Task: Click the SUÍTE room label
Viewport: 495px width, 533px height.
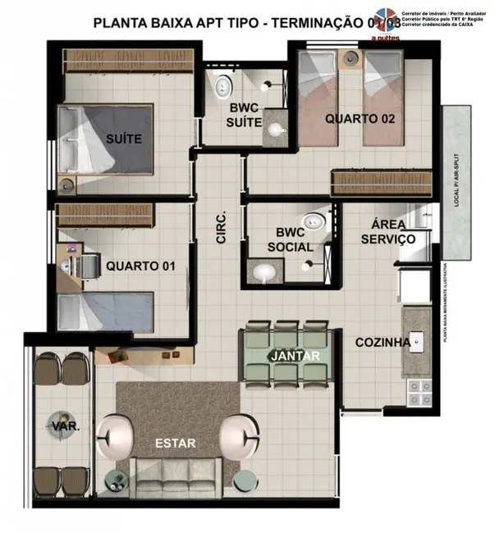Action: pos(123,139)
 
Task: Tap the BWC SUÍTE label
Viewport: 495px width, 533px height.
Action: pos(245,116)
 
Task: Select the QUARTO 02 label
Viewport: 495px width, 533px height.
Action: pos(360,118)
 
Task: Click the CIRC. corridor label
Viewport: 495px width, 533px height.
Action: pos(221,226)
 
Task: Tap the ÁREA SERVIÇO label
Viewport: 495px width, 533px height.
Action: pos(387,232)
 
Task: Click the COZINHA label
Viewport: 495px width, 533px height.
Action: pos(383,343)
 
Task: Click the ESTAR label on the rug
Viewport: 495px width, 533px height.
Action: pos(175,444)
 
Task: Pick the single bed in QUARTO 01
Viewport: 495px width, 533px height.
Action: pos(107,312)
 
